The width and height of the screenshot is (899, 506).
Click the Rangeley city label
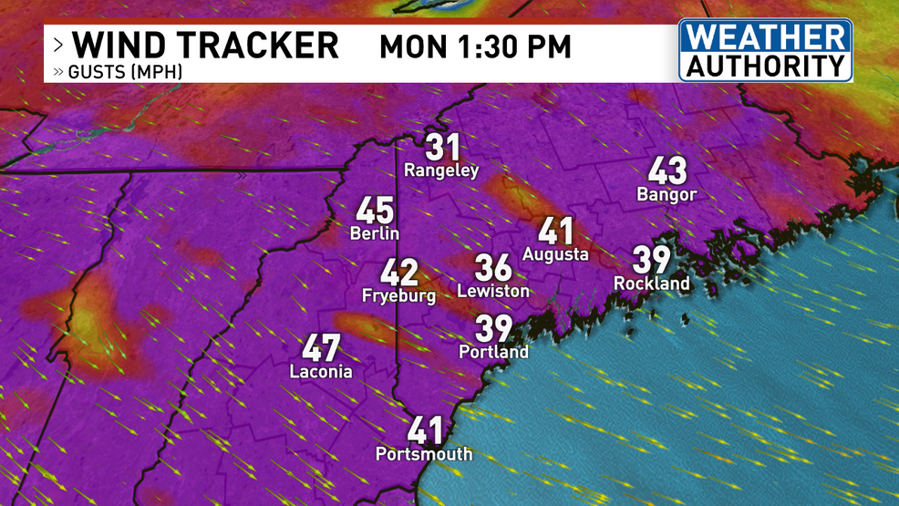441,170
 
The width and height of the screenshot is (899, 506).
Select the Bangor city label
666,194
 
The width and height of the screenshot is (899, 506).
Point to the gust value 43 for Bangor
667,170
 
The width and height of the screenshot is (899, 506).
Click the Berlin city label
375,233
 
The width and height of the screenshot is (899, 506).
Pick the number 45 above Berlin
375,211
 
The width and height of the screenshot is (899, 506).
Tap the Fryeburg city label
398,295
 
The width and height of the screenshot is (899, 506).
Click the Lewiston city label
493,291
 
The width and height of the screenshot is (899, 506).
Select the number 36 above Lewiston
493,268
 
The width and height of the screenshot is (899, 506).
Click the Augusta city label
555,254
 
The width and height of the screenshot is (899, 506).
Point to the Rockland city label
652,284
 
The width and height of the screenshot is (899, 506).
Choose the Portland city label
494,352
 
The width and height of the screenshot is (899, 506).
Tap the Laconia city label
321,371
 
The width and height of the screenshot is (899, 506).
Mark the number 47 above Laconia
321,347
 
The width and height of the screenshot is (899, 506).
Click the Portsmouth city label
425,453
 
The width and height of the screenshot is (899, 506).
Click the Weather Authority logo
765,50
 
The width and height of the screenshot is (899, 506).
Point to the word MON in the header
408,46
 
